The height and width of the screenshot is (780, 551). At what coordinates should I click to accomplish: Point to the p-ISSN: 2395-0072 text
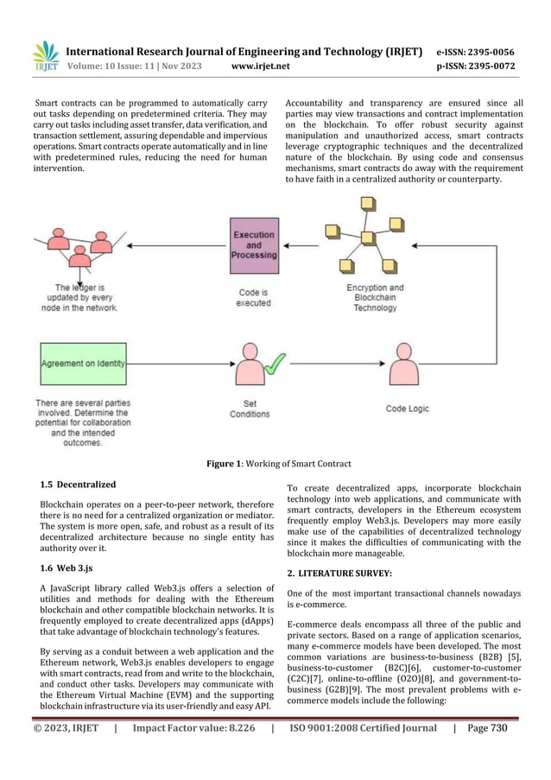(x=476, y=66)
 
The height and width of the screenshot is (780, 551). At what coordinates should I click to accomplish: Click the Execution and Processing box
(x=255, y=245)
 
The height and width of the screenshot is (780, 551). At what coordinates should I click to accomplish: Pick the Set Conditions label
(x=250, y=409)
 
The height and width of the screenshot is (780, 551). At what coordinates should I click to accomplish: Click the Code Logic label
(x=407, y=409)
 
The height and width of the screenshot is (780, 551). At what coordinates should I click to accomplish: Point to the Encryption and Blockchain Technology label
(x=375, y=297)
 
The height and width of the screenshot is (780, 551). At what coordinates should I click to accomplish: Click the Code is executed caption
(x=255, y=297)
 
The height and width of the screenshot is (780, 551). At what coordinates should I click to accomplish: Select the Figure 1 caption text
(x=275, y=464)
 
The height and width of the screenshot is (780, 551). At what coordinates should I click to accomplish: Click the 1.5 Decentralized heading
(x=79, y=484)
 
